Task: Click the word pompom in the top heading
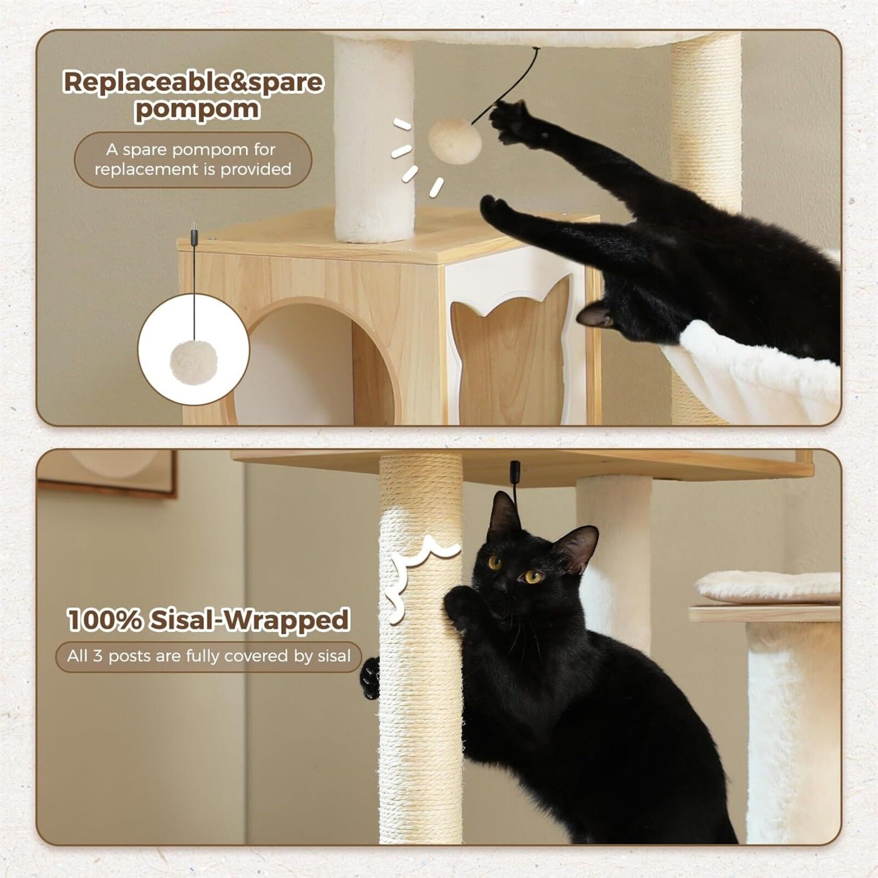(x=196, y=109)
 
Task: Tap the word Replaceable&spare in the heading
(x=193, y=82)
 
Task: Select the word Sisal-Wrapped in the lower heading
(x=250, y=620)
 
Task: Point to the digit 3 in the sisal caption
(x=97, y=656)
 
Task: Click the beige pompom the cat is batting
(x=454, y=142)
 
